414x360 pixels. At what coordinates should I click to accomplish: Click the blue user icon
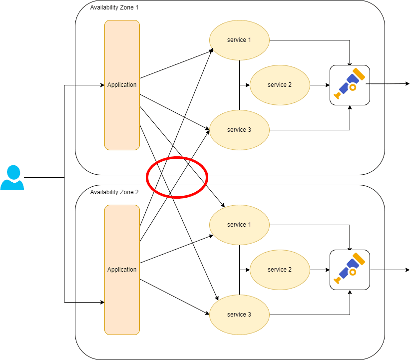tap(12, 178)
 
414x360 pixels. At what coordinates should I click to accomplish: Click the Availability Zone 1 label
tap(114, 7)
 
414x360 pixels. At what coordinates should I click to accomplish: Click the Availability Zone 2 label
tap(114, 192)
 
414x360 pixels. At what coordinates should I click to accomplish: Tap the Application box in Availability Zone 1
tap(122, 85)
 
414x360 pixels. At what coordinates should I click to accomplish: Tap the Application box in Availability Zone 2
tap(122, 270)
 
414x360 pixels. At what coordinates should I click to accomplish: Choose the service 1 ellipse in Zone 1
tap(239, 40)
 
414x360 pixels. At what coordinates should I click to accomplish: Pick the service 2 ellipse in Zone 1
tap(280, 85)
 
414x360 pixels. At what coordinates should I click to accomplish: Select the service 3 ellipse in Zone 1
tap(239, 130)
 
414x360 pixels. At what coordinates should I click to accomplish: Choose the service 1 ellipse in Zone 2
tap(239, 225)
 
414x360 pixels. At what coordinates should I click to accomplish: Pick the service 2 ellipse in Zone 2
tap(280, 270)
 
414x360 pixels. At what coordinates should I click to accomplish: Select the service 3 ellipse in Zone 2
tap(239, 315)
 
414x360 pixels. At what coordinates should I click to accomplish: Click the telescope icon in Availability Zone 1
tap(350, 85)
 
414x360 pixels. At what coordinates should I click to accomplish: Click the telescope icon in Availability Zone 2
tap(350, 270)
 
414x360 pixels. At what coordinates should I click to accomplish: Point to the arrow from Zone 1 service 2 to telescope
tap(320, 85)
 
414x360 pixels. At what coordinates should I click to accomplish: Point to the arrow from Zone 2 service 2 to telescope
tap(320, 270)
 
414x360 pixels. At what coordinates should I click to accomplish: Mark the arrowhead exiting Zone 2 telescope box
tap(407, 270)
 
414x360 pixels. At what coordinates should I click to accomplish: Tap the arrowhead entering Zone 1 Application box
tap(101, 85)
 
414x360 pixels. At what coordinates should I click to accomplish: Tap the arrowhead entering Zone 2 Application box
tap(101, 302)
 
